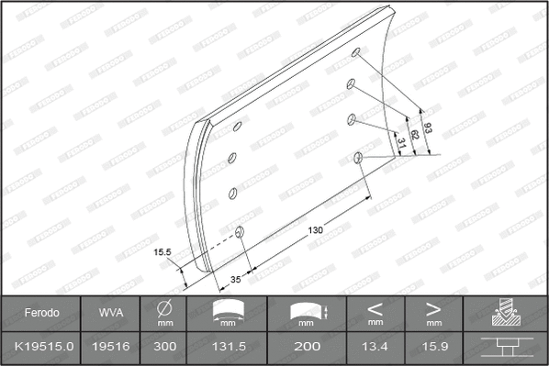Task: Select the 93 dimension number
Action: pos(425,127)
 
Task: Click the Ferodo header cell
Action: pos(41,313)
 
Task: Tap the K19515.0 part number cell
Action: pos(41,349)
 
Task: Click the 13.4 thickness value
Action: pos(375,349)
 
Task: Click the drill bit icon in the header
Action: pos(506,313)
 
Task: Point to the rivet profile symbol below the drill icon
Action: pos(506,349)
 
